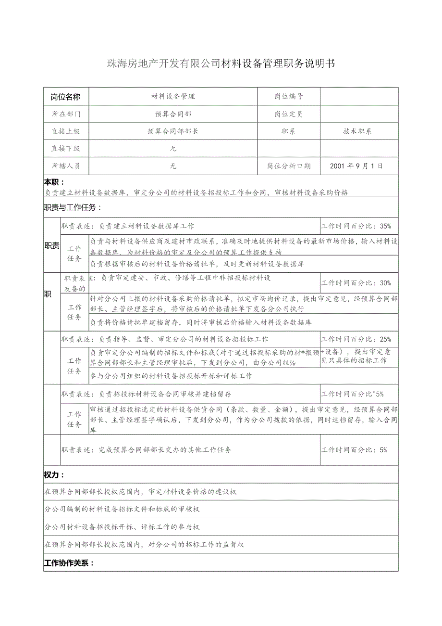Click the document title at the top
tap(221, 63)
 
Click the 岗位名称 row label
tap(66, 96)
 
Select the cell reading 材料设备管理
tap(173, 96)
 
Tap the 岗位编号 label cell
tap(289, 96)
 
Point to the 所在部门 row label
tap(66, 114)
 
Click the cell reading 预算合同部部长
tap(173, 131)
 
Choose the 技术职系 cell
tap(357, 131)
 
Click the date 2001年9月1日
tap(357, 166)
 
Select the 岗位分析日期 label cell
tap(289, 166)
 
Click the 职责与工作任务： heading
tap(73, 208)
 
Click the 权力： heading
tap(54, 475)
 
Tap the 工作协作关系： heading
tap(69, 563)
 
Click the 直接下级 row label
tap(66, 149)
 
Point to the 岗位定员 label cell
tap(289, 114)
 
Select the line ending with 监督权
tap(144, 545)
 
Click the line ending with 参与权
tap(122, 527)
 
